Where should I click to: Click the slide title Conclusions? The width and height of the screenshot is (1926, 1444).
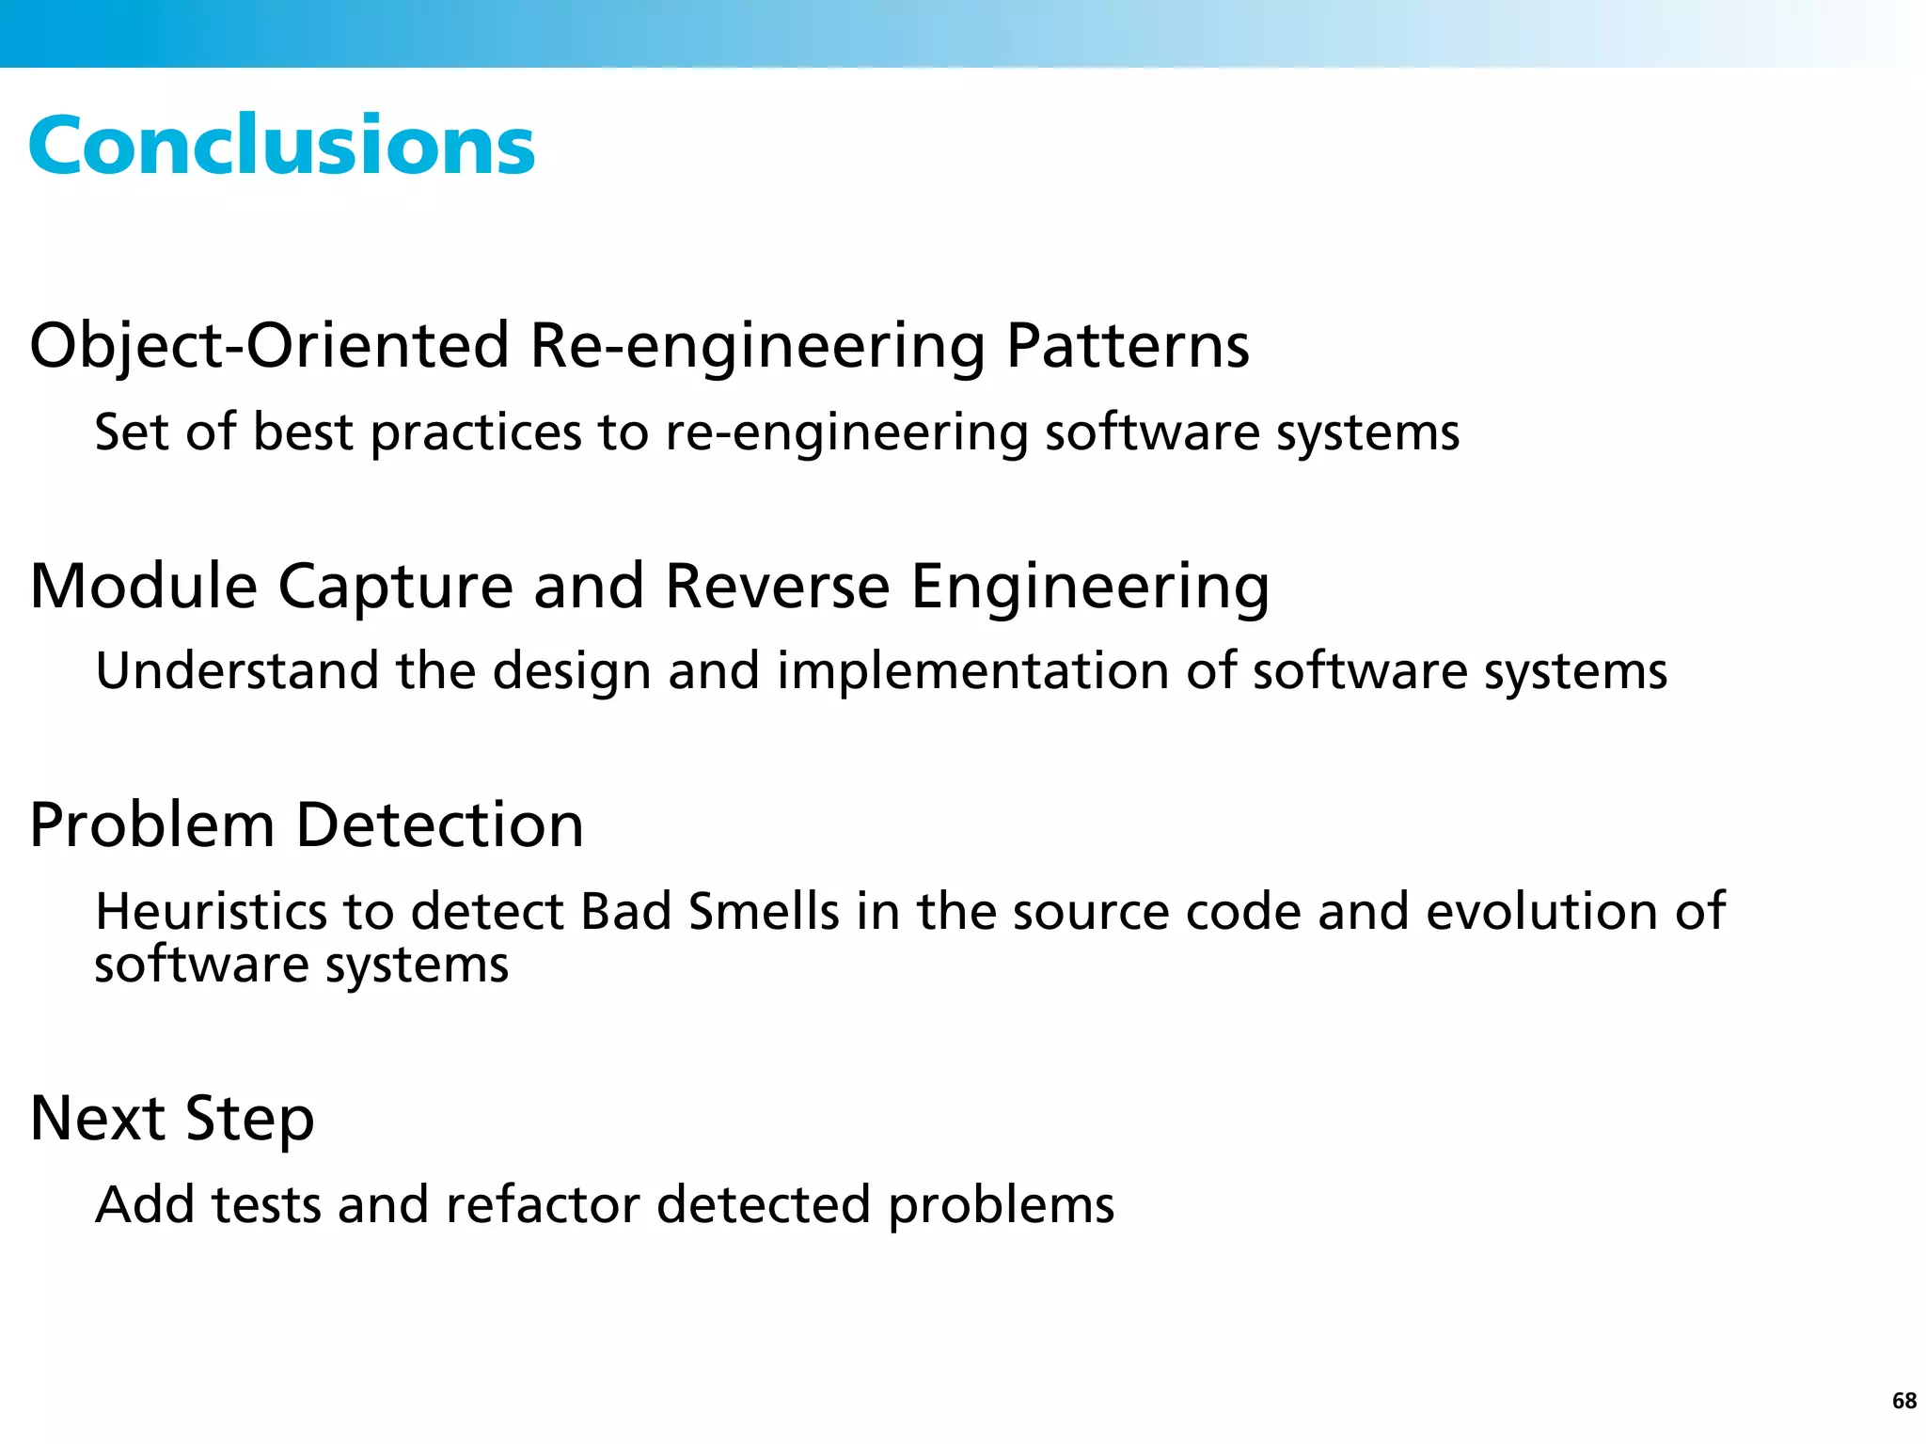tap(281, 146)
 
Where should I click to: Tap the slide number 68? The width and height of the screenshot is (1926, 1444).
tap(1903, 1401)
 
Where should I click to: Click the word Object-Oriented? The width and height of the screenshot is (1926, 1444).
tap(269, 345)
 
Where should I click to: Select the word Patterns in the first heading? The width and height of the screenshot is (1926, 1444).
tap(1127, 345)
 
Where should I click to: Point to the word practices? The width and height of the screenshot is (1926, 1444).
tap(476, 432)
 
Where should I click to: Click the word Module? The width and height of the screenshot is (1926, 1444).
tap(143, 586)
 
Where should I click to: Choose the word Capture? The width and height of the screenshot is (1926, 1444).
tap(395, 586)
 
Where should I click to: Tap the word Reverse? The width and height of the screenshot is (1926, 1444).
tap(777, 586)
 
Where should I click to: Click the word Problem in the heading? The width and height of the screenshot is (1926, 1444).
tap(151, 824)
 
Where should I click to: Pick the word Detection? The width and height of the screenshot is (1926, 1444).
tap(439, 824)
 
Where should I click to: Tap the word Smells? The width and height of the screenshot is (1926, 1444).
tap(763, 911)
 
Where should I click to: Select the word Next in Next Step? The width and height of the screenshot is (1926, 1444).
tap(98, 1119)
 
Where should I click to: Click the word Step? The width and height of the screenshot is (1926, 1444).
tap(249, 1119)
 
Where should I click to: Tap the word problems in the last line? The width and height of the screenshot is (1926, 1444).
tap(1001, 1205)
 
